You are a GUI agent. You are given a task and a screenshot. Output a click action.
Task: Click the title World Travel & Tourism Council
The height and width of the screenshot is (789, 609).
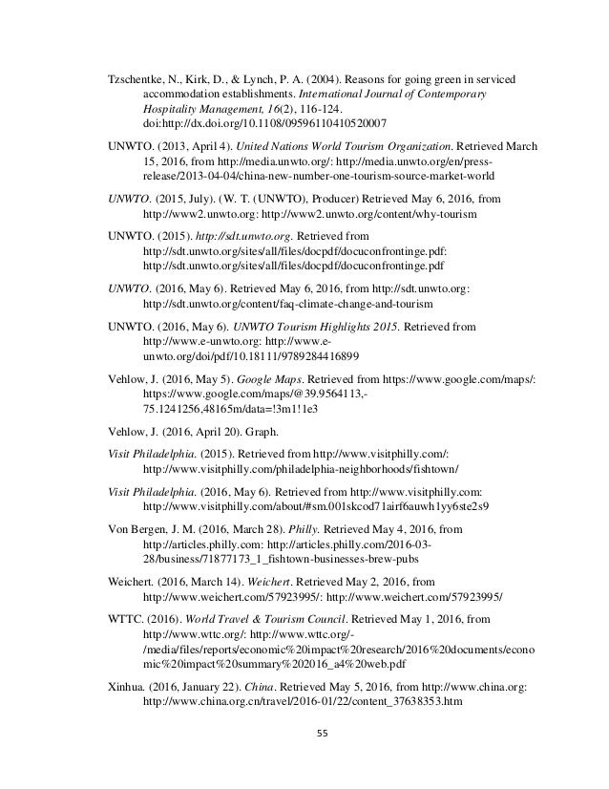click(x=255, y=618)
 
